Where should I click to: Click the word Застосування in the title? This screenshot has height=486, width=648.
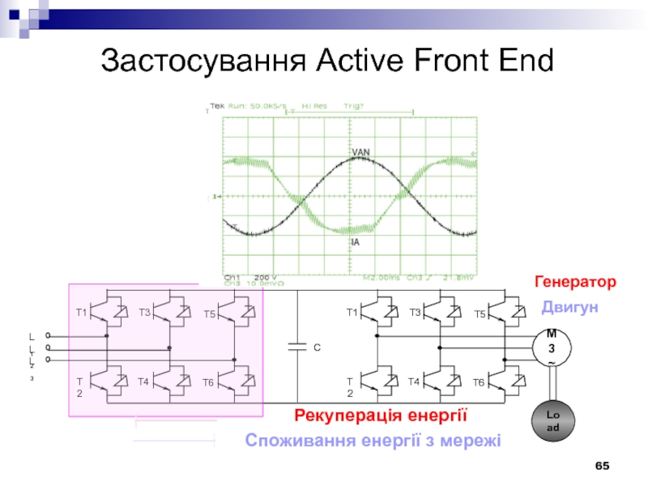[x=203, y=60]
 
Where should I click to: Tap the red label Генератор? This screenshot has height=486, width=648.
[x=575, y=282]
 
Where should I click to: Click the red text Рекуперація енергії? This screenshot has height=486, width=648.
[x=382, y=416]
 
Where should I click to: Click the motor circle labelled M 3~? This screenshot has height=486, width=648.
[x=552, y=347]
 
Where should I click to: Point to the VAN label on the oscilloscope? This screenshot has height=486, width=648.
[x=361, y=152]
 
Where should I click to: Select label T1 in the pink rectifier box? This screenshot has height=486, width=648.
[x=81, y=312]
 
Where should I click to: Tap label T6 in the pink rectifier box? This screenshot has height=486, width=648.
[x=208, y=382]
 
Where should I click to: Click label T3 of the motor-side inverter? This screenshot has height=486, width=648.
[x=416, y=312]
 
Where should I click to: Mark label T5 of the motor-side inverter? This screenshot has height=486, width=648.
[x=480, y=313]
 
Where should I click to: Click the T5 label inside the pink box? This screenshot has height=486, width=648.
[x=209, y=313]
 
